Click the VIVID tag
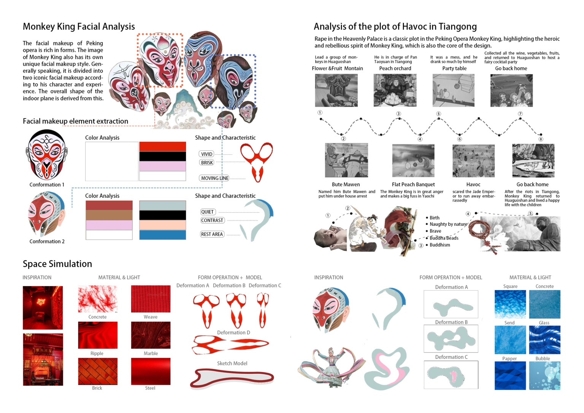coord(206,154)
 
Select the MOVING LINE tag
coord(214,178)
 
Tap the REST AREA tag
coord(212,234)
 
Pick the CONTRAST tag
coord(212,220)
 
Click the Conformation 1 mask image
coord(47,155)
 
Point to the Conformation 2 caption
coord(47,241)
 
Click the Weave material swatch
coord(151,299)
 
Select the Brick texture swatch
coord(98,371)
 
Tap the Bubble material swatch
coord(544,376)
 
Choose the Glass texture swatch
coord(544,340)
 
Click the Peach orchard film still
coord(395,90)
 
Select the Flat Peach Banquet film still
coord(413,160)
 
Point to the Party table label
coord(454,68)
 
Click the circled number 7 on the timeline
coord(521,114)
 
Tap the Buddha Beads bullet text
coord(444,238)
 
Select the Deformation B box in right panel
coord(451,338)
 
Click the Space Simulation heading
coord(57,264)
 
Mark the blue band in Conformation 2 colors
coord(163,235)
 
